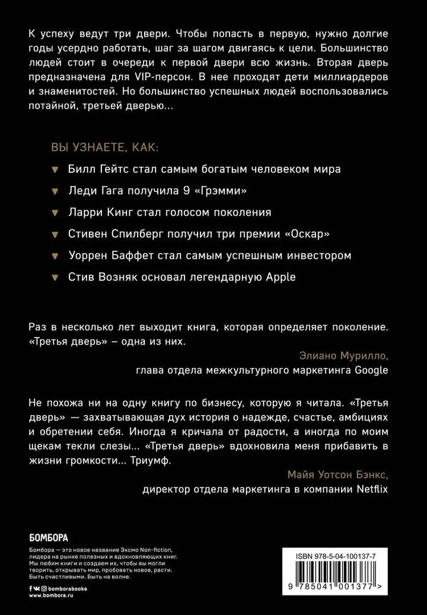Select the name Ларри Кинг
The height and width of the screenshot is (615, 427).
tap(98, 212)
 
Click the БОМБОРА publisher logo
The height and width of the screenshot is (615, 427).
tap(49, 538)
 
